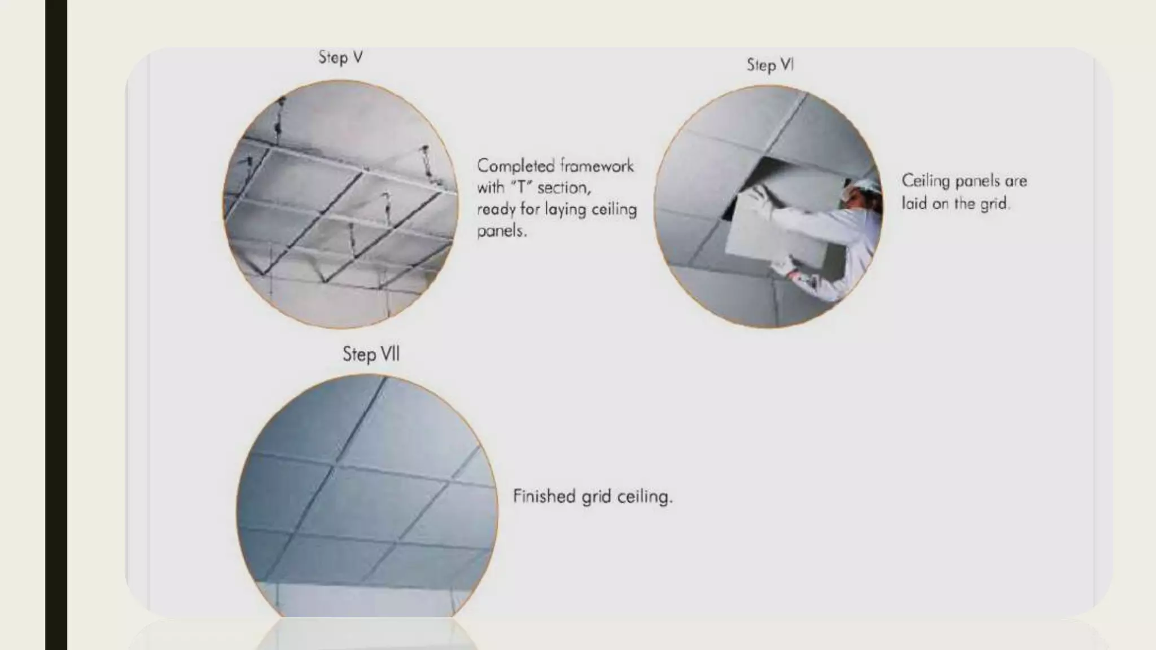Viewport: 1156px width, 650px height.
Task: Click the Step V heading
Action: [340, 57]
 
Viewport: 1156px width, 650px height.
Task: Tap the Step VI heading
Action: [770, 65]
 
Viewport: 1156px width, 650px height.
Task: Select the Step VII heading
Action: [371, 354]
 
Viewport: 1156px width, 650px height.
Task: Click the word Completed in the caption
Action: [515, 166]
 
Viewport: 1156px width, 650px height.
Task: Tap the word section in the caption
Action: [563, 187]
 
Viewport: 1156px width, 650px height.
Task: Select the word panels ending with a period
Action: [501, 231]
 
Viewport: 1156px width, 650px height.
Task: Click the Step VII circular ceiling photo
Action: [367, 497]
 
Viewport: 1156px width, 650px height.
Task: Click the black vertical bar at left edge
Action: [56, 325]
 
